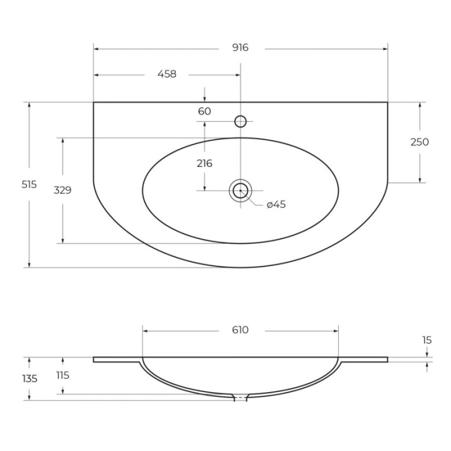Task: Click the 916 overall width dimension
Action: (240, 48)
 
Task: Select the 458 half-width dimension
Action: (167, 74)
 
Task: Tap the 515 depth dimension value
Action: (29, 184)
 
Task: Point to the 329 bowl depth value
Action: (63, 190)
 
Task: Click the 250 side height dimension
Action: (419, 142)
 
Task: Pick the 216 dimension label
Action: (204, 163)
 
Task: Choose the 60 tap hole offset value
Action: (204, 111)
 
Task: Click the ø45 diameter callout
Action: (276, 204)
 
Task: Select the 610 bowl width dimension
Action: (240, 330)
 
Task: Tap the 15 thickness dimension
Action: (427, 340)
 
